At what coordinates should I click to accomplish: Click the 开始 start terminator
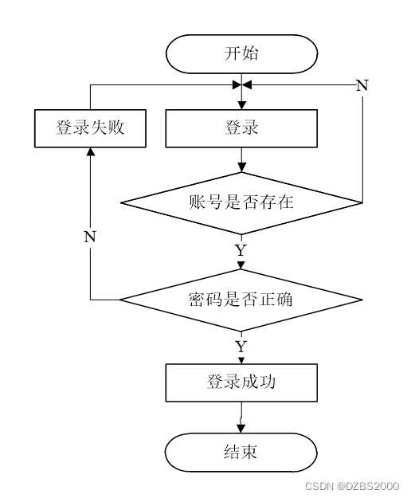point(241,54)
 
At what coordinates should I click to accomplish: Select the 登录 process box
point(241,128)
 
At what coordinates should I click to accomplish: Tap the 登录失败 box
point(90,128)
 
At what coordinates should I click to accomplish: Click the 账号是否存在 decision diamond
point(241,203)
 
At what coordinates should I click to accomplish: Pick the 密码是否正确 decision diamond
point(241,300)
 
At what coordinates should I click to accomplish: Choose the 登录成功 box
point(241,382)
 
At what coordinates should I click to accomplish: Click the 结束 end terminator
point(241,453)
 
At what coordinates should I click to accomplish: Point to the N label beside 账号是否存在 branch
point(362,85)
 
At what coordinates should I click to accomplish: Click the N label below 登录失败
point(90,237)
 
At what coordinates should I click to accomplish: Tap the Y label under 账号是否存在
point(241,250)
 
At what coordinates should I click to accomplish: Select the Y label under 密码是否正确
point(241,347)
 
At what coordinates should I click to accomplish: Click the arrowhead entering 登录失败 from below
point(91,152)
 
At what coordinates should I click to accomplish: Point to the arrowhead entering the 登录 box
point(242,105)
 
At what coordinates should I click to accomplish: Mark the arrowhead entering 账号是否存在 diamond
point(242,168)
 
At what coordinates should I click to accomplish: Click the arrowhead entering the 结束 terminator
point(241,429)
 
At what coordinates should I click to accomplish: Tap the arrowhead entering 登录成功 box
point(241,361)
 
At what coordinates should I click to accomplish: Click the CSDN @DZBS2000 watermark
point(352,486)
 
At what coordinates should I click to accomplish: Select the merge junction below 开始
point(242,85)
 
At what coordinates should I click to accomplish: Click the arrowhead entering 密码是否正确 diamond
point(241,265)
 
